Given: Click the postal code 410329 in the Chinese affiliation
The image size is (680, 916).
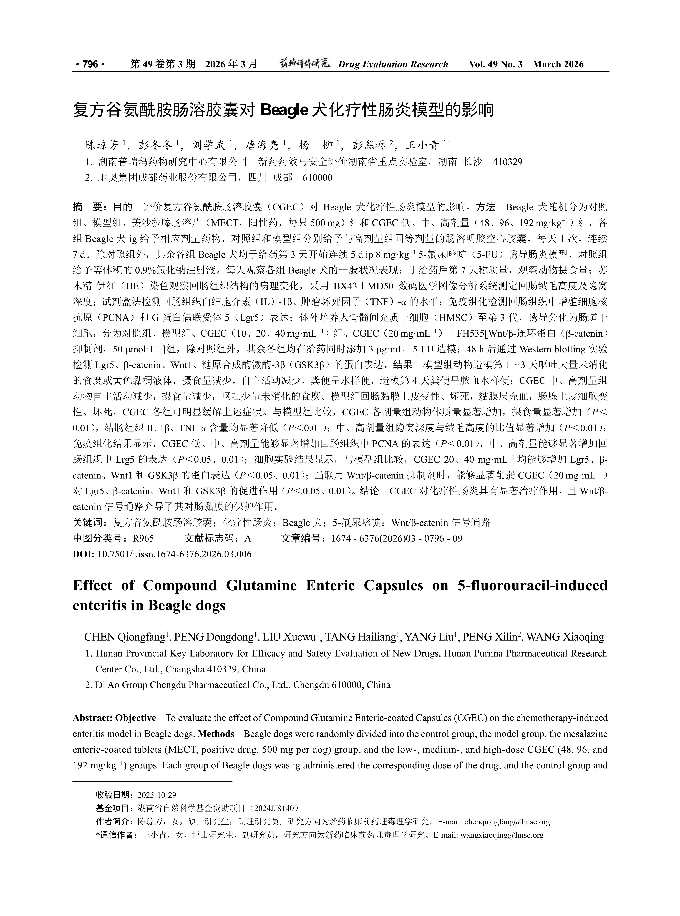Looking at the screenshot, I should [x=508, y=162].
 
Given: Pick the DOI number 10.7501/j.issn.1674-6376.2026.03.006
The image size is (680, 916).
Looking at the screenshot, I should [x=174, y=554].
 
